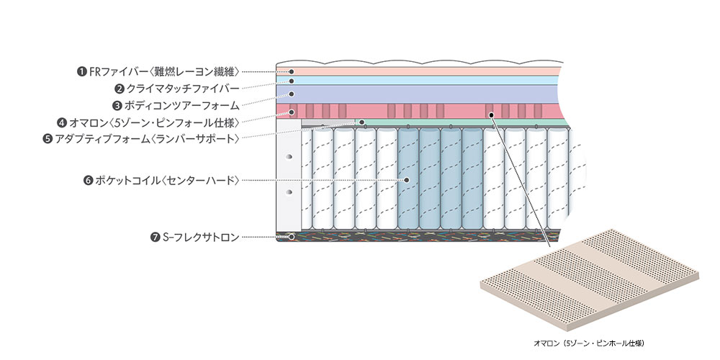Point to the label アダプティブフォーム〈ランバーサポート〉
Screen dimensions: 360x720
pos(146,138)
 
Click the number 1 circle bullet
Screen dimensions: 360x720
pos(81,71)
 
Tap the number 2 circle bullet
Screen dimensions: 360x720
pos(120,89)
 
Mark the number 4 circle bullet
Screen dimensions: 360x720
pos(62,122)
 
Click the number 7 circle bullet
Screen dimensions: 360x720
pos(155,236)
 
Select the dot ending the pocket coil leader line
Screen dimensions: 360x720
pos(407,180)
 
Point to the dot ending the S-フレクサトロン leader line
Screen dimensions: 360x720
pos(292,236)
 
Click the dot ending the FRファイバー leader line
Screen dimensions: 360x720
pos(292,71)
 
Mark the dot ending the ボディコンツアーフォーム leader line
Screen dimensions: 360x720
pos(292,94)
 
